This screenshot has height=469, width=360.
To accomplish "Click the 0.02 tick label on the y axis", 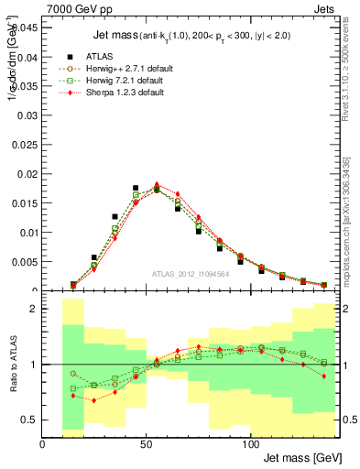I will click(x=28, y=174).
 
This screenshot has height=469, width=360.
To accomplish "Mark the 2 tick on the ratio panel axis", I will click(x=34, y=309).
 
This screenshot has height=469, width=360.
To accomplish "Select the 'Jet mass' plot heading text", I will click(x=88, y=37).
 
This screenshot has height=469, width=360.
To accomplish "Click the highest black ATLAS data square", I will click(x=136, y=188).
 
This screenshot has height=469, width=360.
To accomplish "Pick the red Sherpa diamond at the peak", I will click(x=157, y=184).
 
